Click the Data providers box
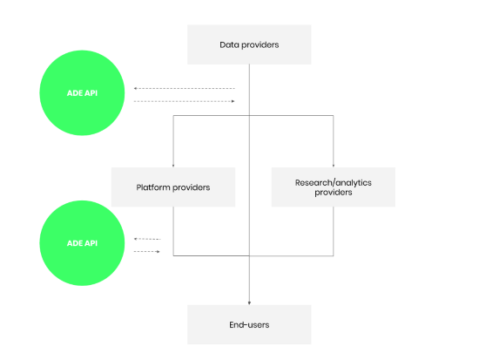click(x=249, y=44)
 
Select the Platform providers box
click(x=172, y=187)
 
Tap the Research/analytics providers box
click(x=333, y=187)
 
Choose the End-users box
click(x=249, y=324)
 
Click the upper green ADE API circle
click(x=81, y=94)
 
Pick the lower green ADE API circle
click(x=81, y=242)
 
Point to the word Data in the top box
click(x=230, y=44)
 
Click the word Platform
click(x=154, y=187)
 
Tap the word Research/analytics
click(x=333, y=182)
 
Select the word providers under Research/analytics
click(x=333, y=193)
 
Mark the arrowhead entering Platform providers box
click(x=172, y=165)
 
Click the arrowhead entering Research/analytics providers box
click(x=333, y=165)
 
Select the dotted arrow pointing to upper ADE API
click(x=184, y=89)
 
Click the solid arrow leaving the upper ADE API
click(x=184, y=101)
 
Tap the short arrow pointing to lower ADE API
click(x=147, y=239)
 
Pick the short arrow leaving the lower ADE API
click(x=147, y=252)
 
